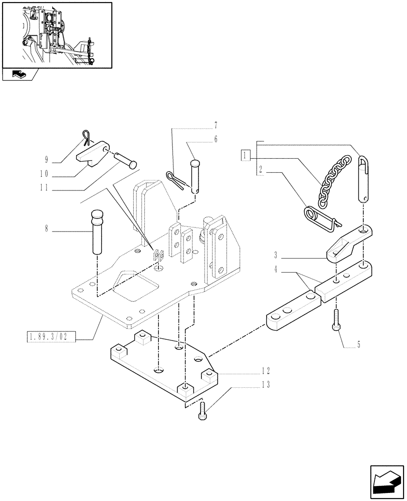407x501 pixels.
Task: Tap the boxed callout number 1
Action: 245,155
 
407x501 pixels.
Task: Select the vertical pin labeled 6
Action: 196,176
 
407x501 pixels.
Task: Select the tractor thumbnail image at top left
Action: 57,35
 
